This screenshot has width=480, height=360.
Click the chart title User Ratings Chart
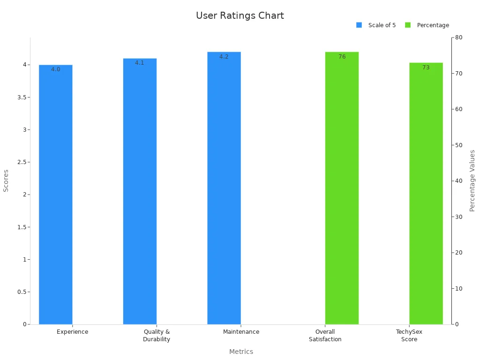point(240,15)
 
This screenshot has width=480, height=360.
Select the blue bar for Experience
point(55,197)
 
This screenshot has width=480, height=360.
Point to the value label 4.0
point(55,69)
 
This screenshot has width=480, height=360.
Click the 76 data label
point(342,57)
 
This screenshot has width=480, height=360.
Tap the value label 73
point(426,67)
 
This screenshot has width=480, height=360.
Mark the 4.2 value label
point(224,57)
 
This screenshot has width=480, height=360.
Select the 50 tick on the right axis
point(459,145)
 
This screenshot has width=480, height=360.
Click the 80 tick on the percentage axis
point(459,37)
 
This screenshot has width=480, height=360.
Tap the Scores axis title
point(6,180)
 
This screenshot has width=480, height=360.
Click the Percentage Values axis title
point(472,180)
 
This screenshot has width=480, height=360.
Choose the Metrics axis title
point(241,352)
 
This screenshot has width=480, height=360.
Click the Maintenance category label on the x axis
point(241,332)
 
